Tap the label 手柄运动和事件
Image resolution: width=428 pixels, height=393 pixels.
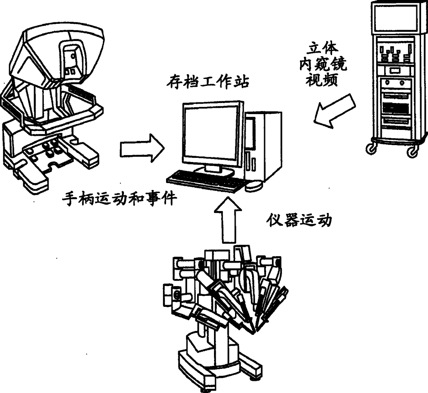[119, 199]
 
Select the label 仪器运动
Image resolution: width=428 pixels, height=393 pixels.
[299, 220]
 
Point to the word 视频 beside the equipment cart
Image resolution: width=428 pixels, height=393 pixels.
[322, 80]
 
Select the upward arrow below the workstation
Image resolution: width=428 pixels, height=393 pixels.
[228, 221]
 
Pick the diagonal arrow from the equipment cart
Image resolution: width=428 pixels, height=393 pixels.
[334, 111]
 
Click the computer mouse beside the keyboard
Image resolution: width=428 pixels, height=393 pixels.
[254, 186]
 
